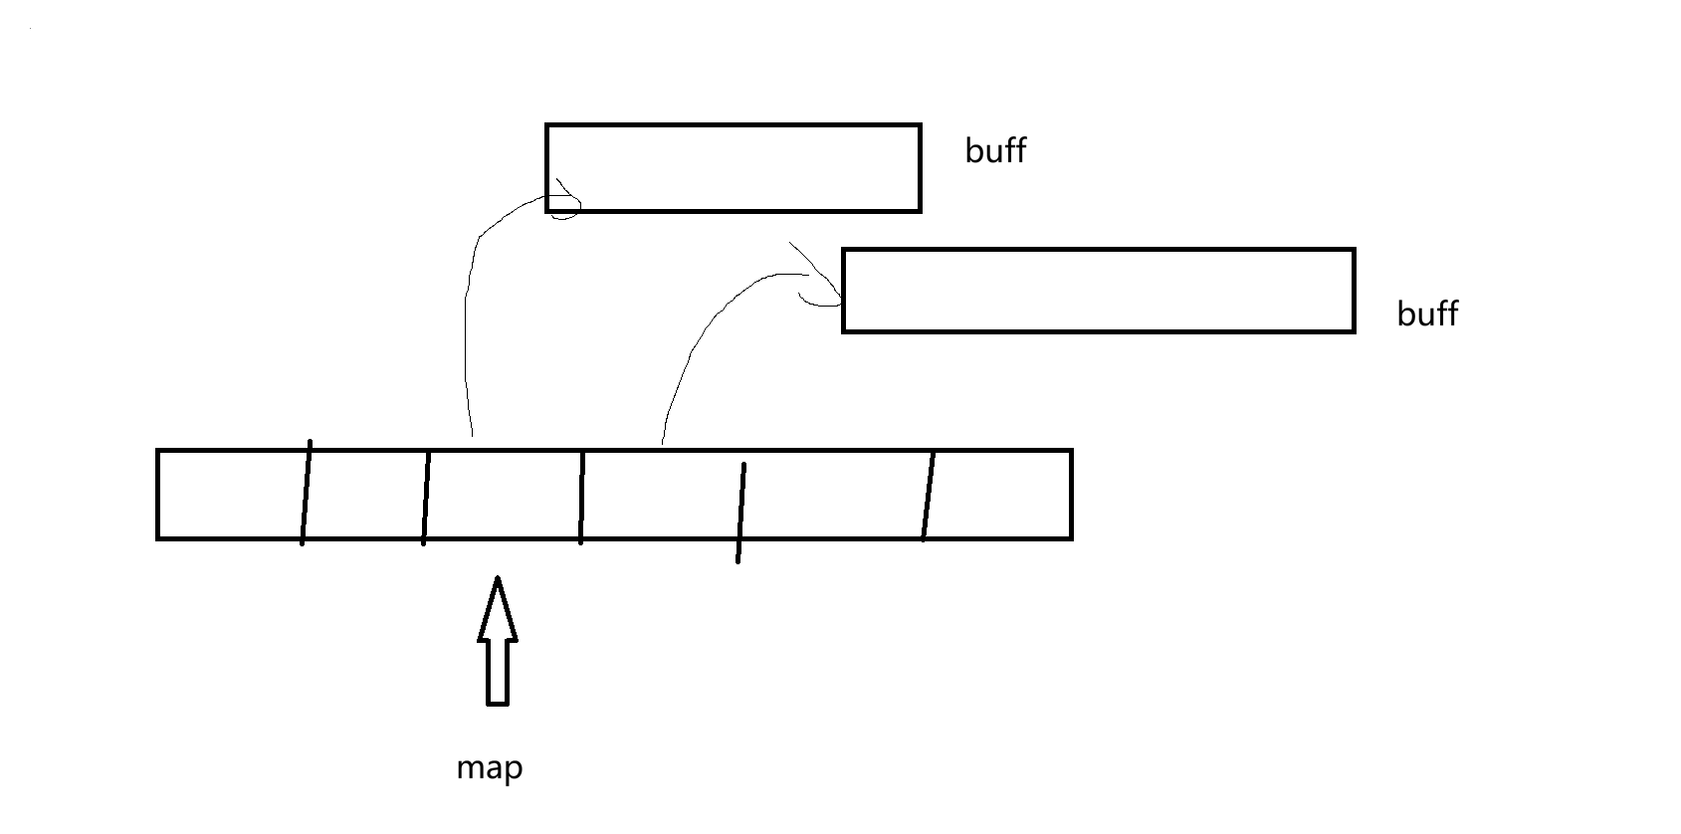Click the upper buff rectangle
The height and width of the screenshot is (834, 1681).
[x=733, y=167]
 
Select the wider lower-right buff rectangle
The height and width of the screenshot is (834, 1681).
[x=1098, y=291]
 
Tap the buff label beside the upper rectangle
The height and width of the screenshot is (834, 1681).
[x=995, y=151]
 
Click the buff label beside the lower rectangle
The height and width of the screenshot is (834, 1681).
[x=1427, y=314]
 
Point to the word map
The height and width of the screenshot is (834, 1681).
[x=489, y=768]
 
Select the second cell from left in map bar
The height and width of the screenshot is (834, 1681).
[x=365, y=495]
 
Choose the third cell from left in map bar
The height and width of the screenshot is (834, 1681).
[x=503, y=495]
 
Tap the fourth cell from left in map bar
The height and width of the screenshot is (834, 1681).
[x=661, y=495]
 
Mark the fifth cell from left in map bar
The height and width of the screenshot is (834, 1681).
[x=833, y=495]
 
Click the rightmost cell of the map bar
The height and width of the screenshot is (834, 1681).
[x=999, y=495]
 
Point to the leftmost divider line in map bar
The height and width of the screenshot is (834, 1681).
[x=307, y=493]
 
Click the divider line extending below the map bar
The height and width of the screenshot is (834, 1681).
[x=740, y=513]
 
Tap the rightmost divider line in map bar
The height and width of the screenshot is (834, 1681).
[x=929, y=496]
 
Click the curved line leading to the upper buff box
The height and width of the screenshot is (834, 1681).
[x=467, y=299]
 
